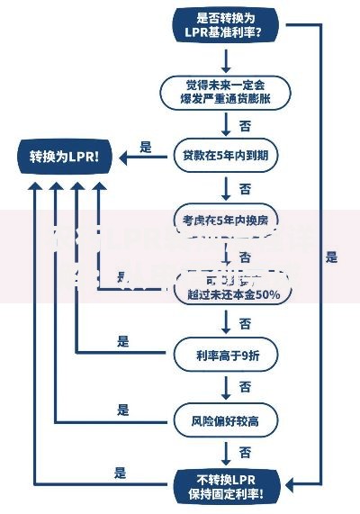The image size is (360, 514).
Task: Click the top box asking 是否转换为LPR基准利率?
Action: [225, 24]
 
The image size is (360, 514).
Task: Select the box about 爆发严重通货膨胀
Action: [225, 91]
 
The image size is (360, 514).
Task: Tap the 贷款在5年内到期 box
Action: [225, 155]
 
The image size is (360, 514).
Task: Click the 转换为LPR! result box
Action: [65, 156]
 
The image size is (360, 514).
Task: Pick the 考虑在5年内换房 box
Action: [225, 219]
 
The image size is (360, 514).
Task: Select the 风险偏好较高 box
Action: [225, 419]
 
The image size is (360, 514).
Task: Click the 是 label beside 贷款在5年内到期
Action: [145, 147]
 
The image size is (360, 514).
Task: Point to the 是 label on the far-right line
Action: [331, 257]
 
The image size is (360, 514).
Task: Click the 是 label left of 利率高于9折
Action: [123, 341]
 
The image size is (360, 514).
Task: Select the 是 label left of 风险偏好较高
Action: [123, 410]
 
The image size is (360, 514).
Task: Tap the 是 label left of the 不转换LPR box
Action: [120, 473]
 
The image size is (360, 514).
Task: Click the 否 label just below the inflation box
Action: [245, 123]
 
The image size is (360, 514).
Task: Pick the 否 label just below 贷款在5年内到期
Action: [245, 187]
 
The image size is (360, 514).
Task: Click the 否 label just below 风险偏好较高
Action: [245, 452]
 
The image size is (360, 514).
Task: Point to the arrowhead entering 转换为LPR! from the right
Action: [125, 156]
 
